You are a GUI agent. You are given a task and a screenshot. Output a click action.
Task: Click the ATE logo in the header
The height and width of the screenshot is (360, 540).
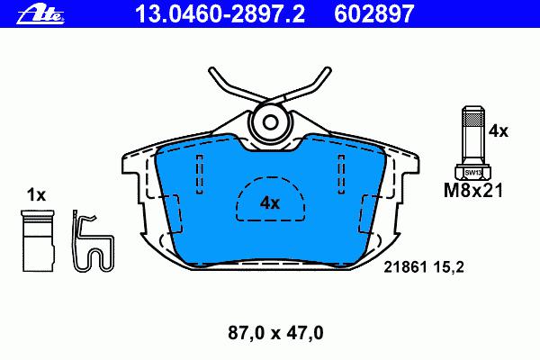40,15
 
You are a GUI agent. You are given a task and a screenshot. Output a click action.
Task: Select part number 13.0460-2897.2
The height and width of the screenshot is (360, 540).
220,14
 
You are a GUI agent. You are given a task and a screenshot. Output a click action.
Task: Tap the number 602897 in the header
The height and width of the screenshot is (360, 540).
374,14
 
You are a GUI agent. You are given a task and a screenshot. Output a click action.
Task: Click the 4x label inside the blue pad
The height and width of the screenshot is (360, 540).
270,202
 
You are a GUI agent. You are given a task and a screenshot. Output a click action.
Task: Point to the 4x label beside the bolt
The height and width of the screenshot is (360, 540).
499,131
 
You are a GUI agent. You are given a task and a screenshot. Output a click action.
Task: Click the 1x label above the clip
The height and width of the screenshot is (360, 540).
36,195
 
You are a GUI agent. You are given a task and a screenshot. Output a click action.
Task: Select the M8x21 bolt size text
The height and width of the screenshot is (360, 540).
473,190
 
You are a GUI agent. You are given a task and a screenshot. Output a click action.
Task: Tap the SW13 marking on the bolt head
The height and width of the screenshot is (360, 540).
473,173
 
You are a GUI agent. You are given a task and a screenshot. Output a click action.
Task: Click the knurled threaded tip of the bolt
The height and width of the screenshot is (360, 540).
473,118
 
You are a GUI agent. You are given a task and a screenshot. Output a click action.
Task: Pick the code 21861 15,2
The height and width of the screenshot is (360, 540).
424,267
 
